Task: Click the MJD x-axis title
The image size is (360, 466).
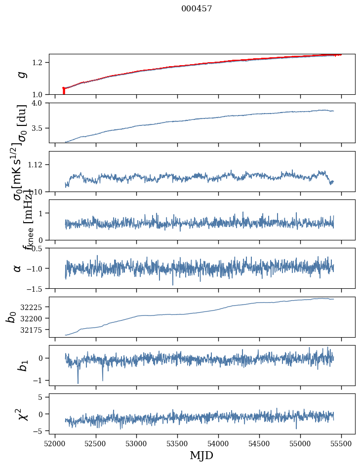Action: (x=201, y=456)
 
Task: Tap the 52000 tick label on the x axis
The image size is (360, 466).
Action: (x=55, y=443)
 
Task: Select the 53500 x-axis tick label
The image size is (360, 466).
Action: (x=178, y=443)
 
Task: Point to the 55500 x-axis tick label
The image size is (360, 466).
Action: (x=342, y=443)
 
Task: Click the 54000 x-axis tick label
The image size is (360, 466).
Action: (x=219, y=443)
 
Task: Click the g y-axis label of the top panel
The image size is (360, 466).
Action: (x=21, y=75)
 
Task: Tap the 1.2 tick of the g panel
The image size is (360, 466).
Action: (x=38, y=63)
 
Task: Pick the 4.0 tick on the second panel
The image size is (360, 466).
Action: (x=38, y=103)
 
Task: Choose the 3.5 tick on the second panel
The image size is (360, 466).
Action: (x=38, y=128)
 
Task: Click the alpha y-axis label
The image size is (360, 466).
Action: (x=18, y=268)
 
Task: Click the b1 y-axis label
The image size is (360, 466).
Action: (x=21, y=365)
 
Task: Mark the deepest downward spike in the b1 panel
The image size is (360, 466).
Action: (x=78, y=383)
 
